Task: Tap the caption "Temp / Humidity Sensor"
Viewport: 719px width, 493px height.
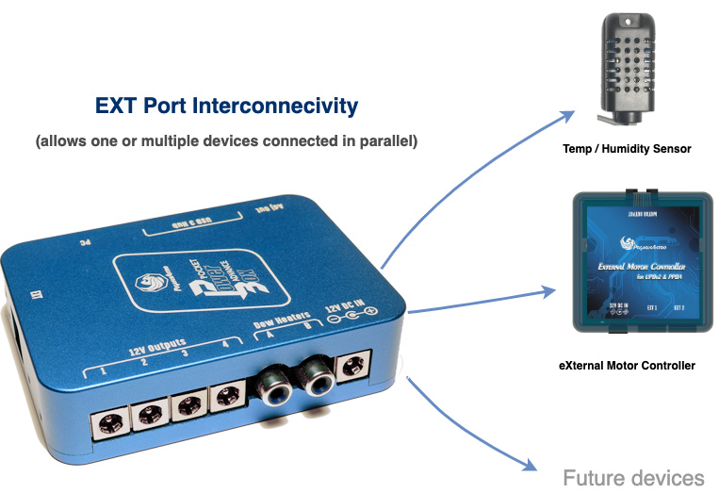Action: (x=627, y=148)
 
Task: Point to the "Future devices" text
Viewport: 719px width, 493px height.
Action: (x=633, y=477)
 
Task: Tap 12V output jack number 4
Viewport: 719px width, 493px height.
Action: (x=226, y=398)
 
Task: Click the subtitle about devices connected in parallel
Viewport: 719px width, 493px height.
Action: (x=227, y=141)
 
